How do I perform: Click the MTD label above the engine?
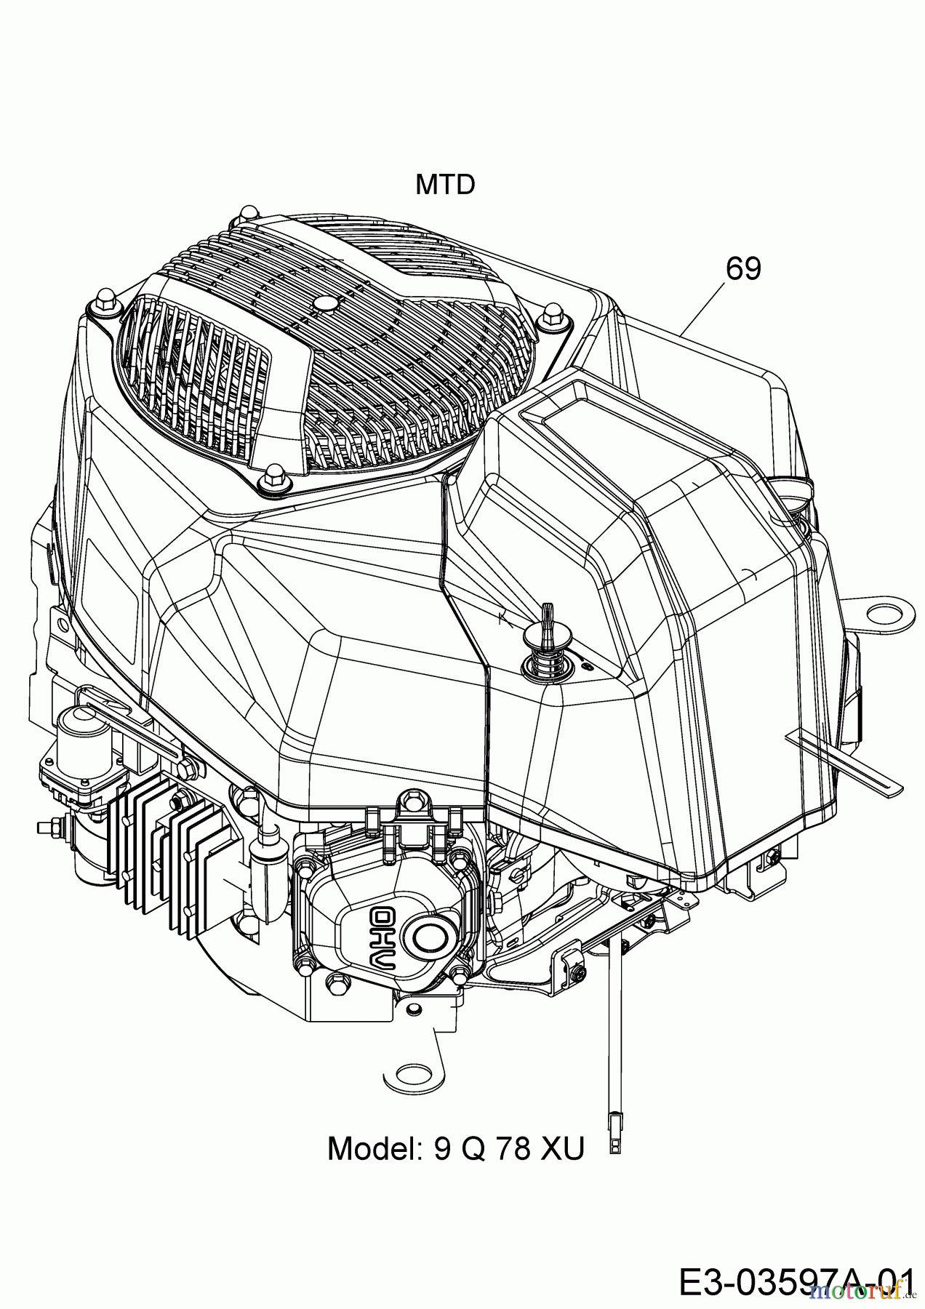(445, 185)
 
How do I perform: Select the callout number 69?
(742, 270)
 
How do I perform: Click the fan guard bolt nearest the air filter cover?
(548, 319)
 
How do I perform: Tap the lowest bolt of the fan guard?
(277, 476)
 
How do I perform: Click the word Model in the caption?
(374, 1149)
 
